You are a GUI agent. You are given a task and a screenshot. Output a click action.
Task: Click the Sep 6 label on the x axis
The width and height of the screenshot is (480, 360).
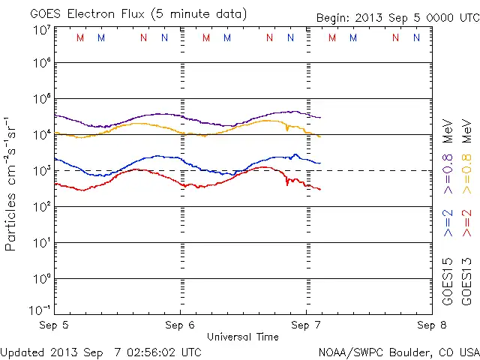tap(180, 325)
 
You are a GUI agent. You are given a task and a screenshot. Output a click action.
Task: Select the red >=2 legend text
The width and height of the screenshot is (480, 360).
tap(466, 223)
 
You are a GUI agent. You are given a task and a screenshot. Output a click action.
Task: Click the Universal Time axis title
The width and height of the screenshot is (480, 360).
tap(243, 337)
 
